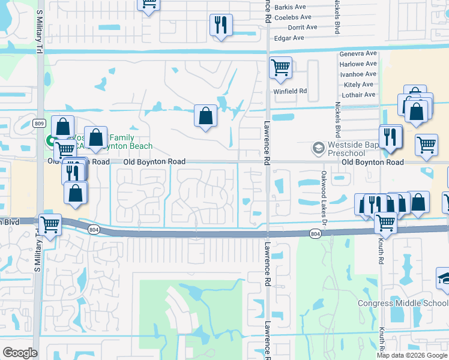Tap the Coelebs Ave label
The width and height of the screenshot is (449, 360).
tap(294, 17)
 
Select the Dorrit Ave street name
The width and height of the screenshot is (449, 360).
tap(303, 28)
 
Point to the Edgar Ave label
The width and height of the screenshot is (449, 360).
tap(290, 38)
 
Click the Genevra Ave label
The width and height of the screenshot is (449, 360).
tap(358, 53)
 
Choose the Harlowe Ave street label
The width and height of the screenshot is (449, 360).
tap(358, 64)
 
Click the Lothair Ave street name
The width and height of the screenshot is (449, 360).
tap(358, 95)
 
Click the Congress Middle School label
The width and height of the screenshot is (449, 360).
tap(402, 303)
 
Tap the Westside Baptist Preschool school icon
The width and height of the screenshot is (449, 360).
tap(318, 148)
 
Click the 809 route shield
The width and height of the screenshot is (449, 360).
tap(40, 124)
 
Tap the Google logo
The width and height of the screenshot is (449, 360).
tap(20, 353)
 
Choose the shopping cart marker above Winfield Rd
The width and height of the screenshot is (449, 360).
tap(280, 68)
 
